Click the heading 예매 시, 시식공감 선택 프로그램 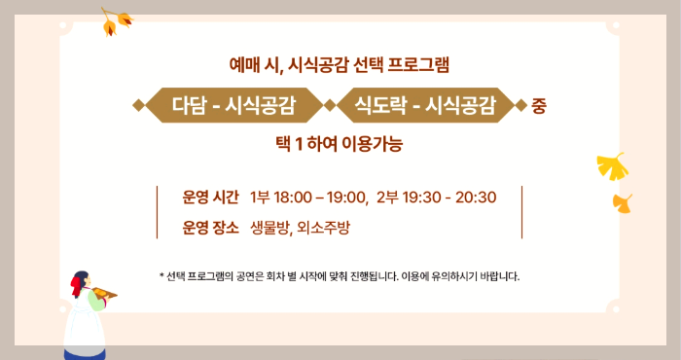click(340, 66)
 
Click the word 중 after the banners click(539, 106)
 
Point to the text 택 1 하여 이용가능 click(340, 144)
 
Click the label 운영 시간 click(210, 198)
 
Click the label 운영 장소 click(210, 229)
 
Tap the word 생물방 click(269, 229)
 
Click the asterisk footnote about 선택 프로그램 click(340, 276)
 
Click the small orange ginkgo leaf click(623, 202)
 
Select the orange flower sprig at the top click(117, 20)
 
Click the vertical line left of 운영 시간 click(157, 212)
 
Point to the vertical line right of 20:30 click(522, 212)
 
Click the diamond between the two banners click(330, 105)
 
